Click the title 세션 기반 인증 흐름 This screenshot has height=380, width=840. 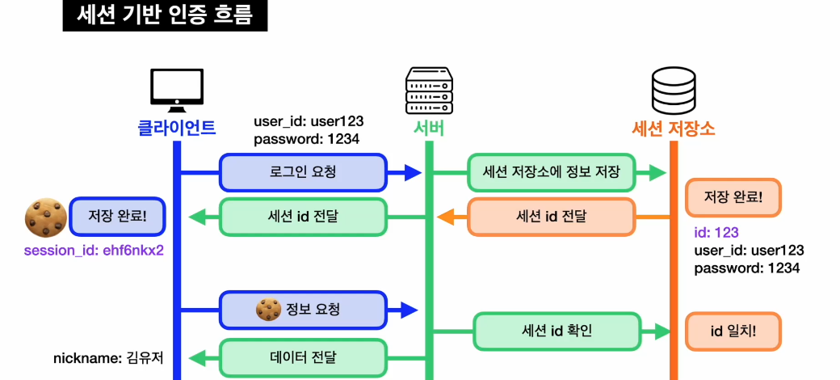click(165, 15)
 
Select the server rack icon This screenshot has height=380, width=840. click(428, 91)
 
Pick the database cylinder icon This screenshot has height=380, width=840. click(674, 91)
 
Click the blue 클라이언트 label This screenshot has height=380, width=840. click(177, 127)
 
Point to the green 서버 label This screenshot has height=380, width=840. click(429, 128)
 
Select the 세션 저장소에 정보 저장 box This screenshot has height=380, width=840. click(551, 172)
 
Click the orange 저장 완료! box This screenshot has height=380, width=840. click(733, 197)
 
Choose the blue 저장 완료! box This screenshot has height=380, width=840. click(117, 216)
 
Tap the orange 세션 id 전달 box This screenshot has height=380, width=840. click(551, 217)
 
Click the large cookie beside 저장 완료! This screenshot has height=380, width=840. click(45, 217)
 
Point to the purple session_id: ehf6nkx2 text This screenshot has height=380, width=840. click(94, 250)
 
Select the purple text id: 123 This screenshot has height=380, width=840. click(716, 233)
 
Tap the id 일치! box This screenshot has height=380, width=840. click(733, 331)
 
